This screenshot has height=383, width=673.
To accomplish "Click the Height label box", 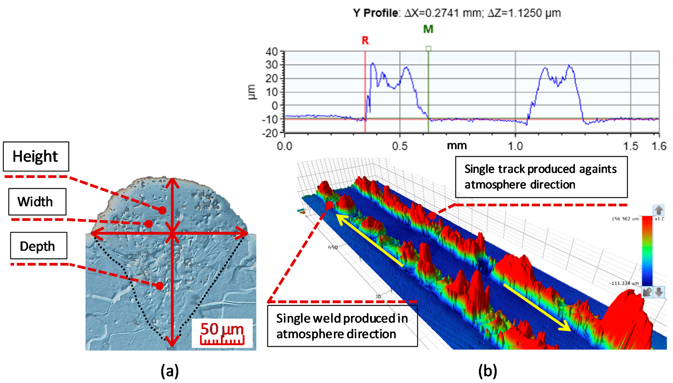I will tap(36, 156).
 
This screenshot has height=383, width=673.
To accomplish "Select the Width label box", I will tap(37, 202).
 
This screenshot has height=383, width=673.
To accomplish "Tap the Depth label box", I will tap(39, 246).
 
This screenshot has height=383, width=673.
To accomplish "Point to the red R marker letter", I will tap(365, 41).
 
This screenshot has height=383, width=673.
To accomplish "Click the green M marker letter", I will tap(428, 29).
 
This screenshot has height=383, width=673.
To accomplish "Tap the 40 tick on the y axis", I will tap(272, 52).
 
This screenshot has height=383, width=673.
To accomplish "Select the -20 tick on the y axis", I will tap(270, 133).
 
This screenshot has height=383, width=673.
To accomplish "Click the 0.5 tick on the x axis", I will tap(400, 146).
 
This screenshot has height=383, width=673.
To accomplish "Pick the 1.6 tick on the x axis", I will tap(659, 146).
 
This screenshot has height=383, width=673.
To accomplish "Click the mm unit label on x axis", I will tap(457, 146).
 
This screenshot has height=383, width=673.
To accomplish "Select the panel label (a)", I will tap(170, 371).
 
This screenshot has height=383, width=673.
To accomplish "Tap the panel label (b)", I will tap(488, 371).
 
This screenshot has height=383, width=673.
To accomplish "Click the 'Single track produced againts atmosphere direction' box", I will tap(541, 177).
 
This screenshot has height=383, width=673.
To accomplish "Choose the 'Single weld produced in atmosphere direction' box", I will tap(342, 326).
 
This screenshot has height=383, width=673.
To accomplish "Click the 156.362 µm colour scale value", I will tap(625, 219).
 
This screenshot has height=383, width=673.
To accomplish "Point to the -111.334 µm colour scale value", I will tap(624, 283).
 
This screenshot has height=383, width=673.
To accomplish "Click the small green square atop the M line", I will tap(429, 48).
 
